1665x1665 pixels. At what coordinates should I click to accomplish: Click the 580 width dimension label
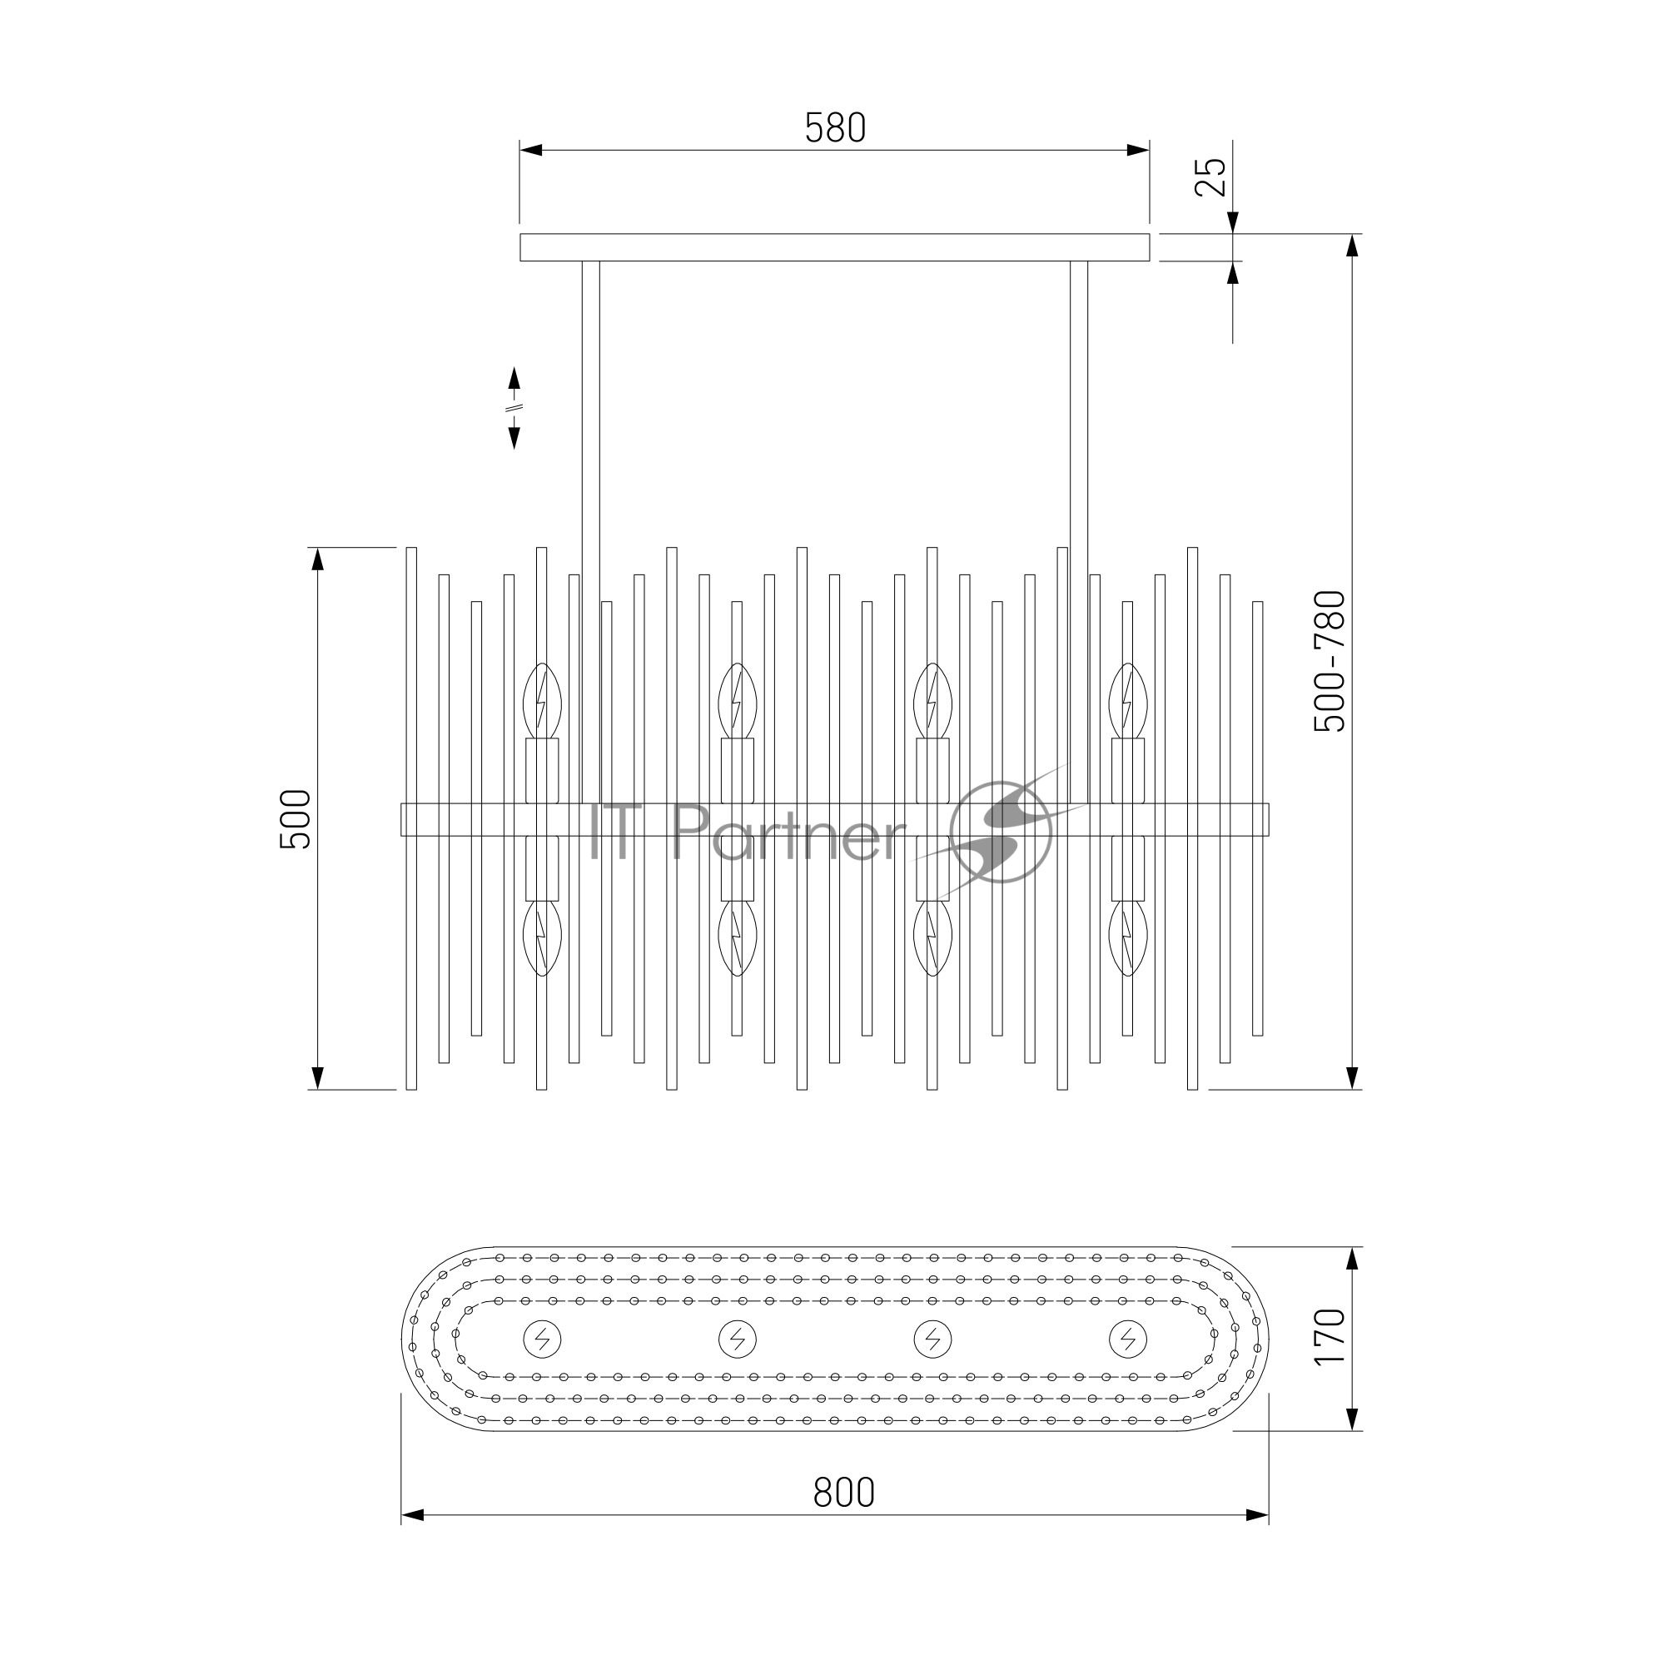tap(834, 128)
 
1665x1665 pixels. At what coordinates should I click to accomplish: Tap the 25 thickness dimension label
tap(1210, 176)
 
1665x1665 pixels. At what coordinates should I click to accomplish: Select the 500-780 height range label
tap(1329, 661)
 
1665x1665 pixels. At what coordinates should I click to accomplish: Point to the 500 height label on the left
tap(296, 818)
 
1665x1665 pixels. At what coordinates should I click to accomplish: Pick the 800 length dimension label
tap(843, 1492)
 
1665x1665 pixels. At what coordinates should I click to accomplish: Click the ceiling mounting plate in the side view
tap(834, 246)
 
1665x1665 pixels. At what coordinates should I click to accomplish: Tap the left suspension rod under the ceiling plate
tap(590, 532)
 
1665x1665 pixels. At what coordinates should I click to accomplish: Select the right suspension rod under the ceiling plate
tap(1078, 532)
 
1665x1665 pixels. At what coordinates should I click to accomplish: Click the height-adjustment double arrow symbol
tap(514, 408)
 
